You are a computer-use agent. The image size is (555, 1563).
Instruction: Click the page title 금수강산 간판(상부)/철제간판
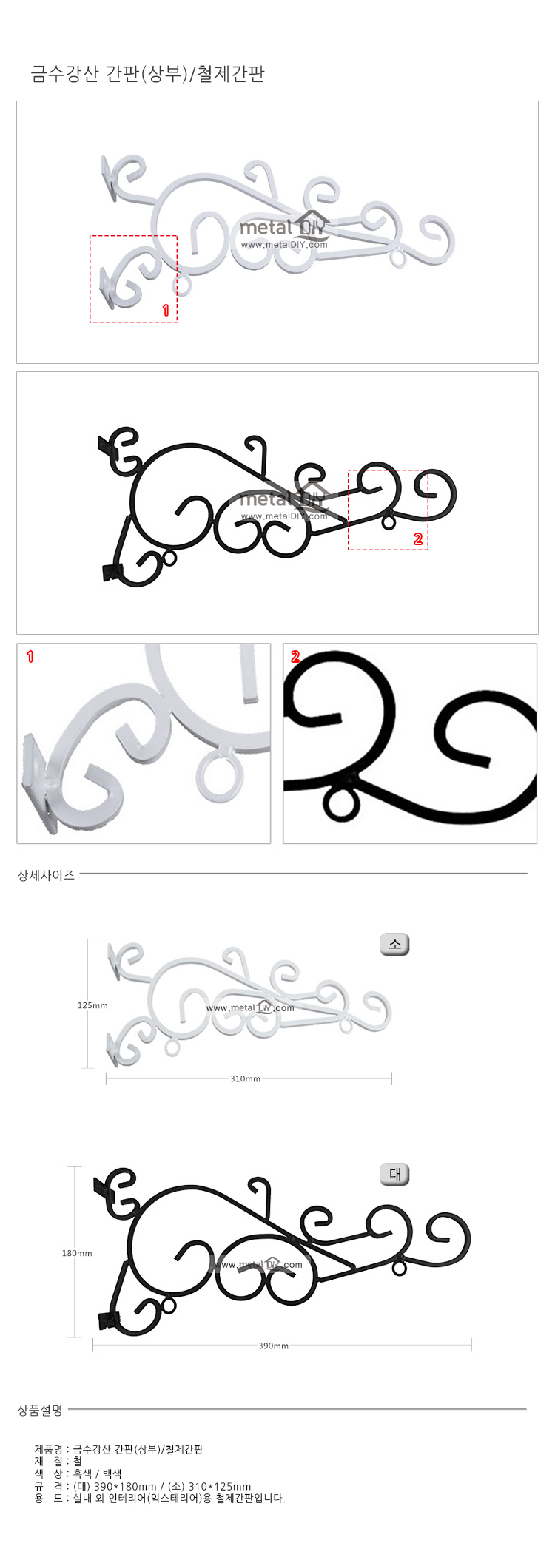(148, 74)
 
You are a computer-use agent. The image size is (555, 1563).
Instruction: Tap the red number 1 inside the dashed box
(166, 311)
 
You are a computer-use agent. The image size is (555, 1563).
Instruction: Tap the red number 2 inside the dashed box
(418, 539)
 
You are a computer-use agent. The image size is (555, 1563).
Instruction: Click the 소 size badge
(394, 944)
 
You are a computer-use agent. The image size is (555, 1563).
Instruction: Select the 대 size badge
(394, 1174)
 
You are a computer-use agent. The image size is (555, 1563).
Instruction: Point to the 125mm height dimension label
(92, 1005)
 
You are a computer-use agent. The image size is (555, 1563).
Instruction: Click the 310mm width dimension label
(245, 1078)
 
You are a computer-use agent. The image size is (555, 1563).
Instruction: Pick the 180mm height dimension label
(77, 1253)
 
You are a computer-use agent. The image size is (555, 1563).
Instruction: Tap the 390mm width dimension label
(273, 1346)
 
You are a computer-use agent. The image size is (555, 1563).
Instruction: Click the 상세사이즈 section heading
(46, 875)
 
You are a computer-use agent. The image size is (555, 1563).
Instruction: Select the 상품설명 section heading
(40, 1411)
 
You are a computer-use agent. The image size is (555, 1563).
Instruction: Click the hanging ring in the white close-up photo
(219, 777)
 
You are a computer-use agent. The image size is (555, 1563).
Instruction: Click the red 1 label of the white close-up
(30, 656)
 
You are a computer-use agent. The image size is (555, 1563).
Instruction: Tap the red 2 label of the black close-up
(295, 656)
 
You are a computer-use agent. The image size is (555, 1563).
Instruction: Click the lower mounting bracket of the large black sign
(109, 1320)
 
